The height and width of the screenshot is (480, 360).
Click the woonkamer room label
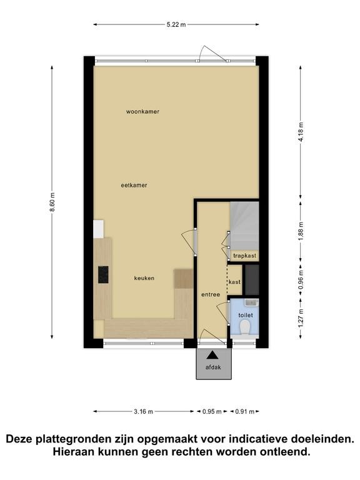tap(142, 112)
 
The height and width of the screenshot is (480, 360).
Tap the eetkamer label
tap(134, 185)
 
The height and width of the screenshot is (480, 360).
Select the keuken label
tap(144, 278)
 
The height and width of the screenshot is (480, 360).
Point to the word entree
tap(211, 294)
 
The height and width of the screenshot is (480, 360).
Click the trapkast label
tap(244, 256)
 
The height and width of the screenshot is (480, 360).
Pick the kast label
tap(235, 282)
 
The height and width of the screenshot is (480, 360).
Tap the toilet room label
tap(246, 315)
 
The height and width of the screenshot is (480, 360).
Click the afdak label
tap(213, 367)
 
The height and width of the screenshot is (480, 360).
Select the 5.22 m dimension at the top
tap(176, 25)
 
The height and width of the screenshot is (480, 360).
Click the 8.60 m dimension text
tap(52, 202)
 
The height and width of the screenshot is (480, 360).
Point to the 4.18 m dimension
tap(301, 132)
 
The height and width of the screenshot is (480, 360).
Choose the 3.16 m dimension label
tap(143, 412)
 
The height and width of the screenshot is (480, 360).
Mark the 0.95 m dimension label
tap(212, 412)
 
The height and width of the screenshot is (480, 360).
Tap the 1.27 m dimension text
tap(301, 318)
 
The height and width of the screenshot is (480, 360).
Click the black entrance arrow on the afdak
tap(212, 355)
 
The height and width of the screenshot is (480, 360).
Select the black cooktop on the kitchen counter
tap(103, 274)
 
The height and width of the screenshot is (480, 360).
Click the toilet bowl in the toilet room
tap(245, 327)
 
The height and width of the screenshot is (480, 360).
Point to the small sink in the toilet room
tap(252, 302)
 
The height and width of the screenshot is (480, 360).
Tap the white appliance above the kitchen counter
tap(99, 229)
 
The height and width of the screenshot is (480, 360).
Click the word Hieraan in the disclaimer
tap(72, 451)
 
